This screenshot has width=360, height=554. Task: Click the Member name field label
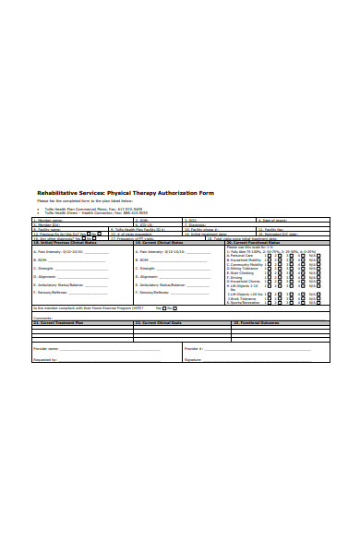click(x=49, y=221)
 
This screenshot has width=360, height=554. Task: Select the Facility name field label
click(x=49, y=229)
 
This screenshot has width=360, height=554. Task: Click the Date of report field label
click(x=274, y=221)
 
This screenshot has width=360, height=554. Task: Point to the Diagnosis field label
click(x=193, y=221)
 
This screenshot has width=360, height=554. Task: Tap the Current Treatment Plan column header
click(x=60, y=323)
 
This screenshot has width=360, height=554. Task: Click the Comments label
click(x=43, y=318)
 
